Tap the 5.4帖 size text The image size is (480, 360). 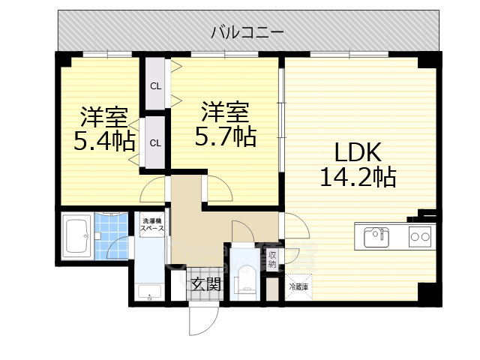coord(103,141)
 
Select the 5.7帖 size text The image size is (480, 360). coord(224,136)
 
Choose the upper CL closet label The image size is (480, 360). coord(155,85)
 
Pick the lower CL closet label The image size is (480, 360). coord(155,142)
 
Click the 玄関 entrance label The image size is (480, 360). coord(205,283)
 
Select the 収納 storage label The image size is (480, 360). coord(272,259)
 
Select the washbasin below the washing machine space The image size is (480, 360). coord(149,291)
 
